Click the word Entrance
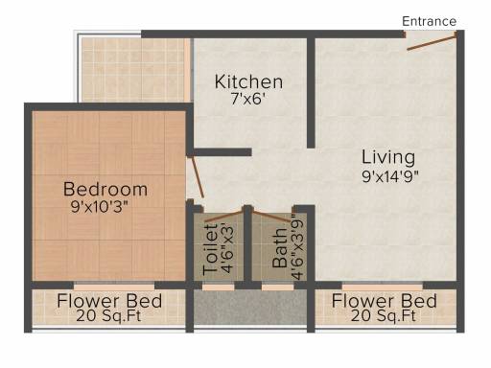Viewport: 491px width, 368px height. click(429, 21)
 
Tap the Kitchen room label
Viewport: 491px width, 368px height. click(248, 81)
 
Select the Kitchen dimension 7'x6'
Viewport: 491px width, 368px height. click(248, 99)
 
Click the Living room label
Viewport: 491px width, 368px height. click(388, 157)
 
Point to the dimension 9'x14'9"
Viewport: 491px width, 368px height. click(390, 176)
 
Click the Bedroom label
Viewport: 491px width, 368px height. click(105, 189)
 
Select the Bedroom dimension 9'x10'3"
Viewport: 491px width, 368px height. click(100, 207)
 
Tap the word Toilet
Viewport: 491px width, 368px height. click(210, 250)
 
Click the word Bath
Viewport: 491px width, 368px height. click(280, 248)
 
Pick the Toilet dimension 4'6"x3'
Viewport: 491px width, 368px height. click(227, 250)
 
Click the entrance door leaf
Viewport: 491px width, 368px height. click(432, 43)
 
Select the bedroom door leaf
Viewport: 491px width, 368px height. click(197, 177)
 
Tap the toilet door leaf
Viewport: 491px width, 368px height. click(223, 216)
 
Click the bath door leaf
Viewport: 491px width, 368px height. click(272, 216)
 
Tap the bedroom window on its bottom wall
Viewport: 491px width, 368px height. click(114, 286)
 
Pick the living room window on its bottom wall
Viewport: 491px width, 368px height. click(383, 286)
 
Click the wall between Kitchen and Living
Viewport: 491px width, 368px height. click(311, 93)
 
